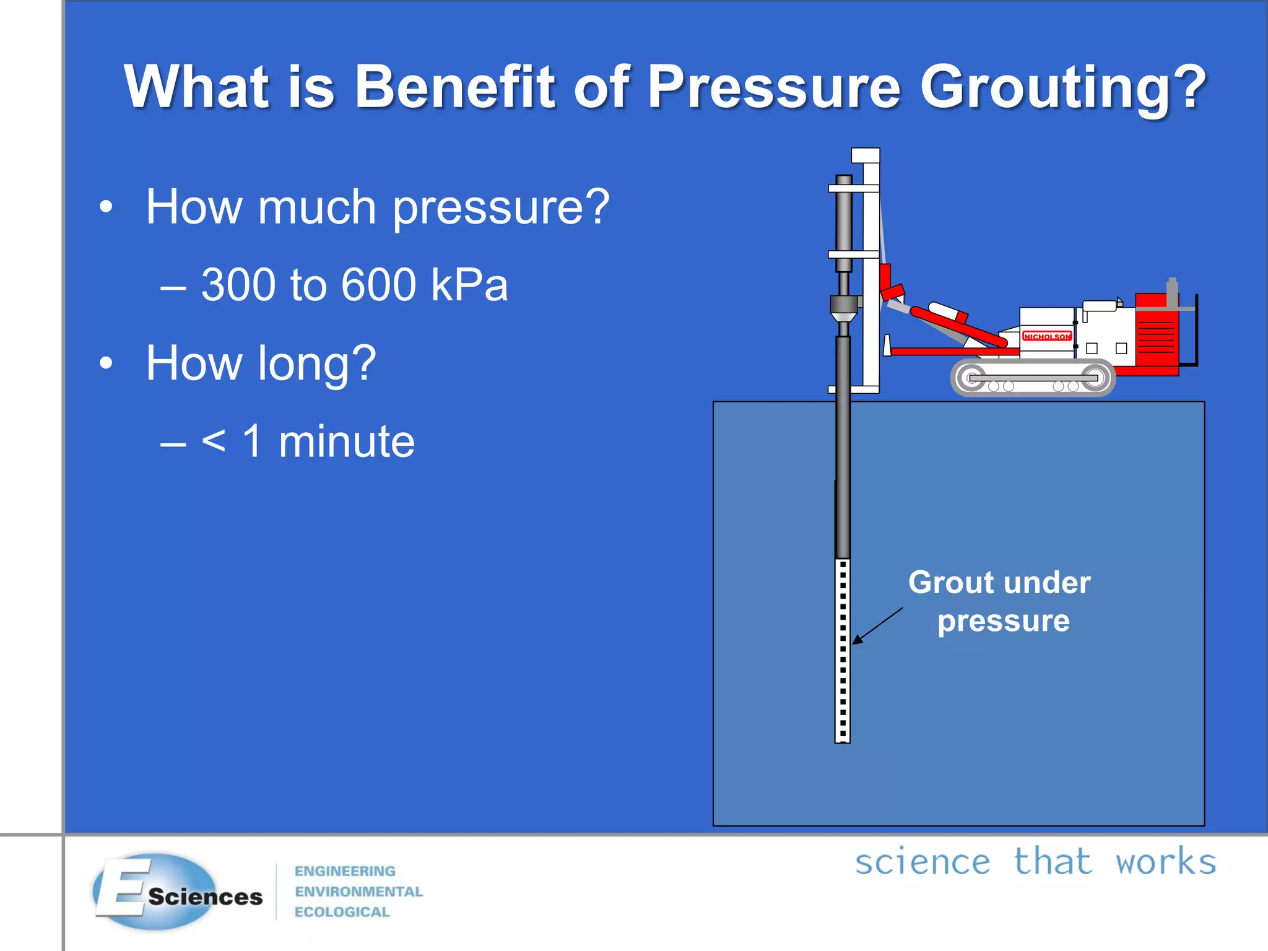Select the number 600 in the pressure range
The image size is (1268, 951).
[378, 285]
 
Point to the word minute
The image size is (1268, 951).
[347, 442]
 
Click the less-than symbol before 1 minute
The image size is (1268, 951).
[214, 442]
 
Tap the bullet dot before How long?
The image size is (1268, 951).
[106, 363]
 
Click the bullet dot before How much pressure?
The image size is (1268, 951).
[106, 207]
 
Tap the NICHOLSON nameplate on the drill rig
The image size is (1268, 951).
[1046, 336]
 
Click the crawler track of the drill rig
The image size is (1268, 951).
[1033, 378]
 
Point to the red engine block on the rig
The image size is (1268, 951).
[1157, 334]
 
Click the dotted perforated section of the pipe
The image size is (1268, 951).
[843, 650]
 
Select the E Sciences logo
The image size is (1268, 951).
[176, 892]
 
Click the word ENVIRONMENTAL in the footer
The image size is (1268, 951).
[358, 892]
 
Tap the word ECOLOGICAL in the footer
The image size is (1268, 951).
[342, 912]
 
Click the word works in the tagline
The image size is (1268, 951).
[1165, 862]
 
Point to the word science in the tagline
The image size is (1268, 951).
[922, 862]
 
